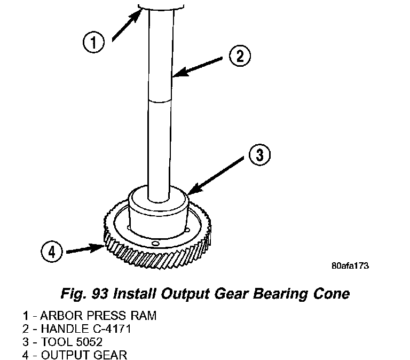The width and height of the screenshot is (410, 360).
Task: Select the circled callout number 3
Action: pyautogui.click(x=259, y=155)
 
